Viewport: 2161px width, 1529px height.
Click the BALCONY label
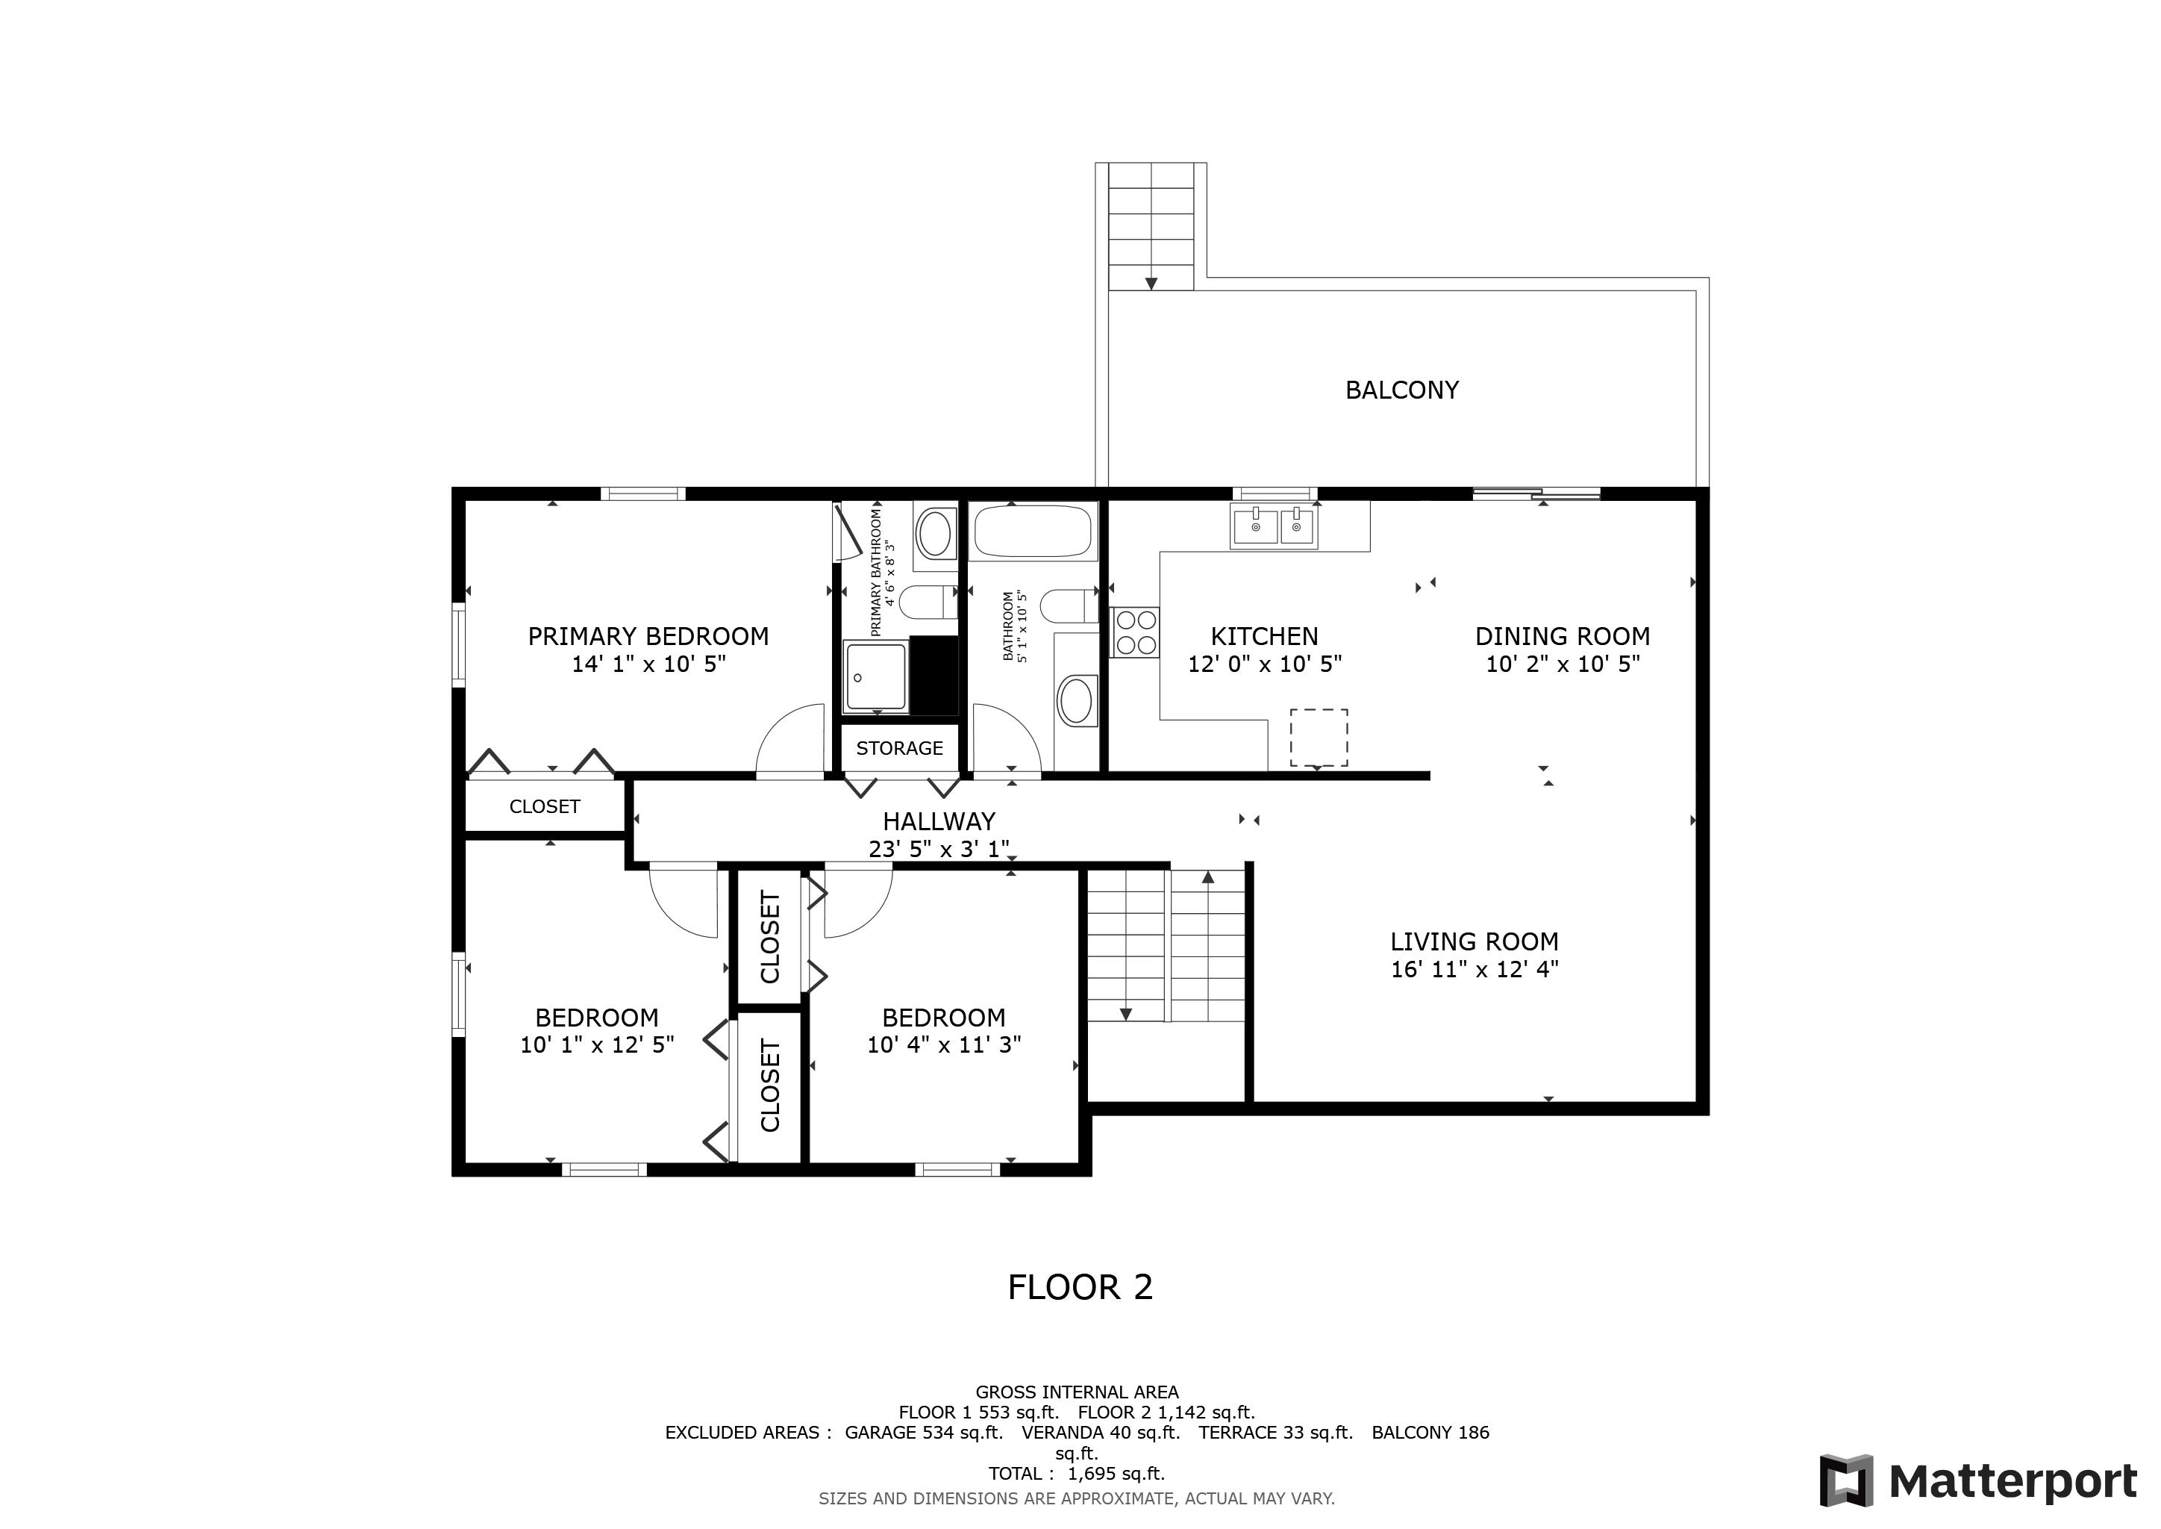click(1401, 390)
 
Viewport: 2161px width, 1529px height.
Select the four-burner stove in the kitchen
click(1135, 632)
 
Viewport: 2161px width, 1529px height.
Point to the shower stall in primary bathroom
click(875, 676)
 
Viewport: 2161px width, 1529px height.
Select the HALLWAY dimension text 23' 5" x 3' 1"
click(939, 849)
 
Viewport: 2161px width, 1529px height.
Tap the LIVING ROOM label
click(1474, 941)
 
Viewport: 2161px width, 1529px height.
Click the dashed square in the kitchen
click(1318, 737)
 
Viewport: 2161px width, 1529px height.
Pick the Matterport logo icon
click(1845, 1480)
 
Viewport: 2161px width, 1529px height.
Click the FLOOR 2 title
click(1080, 1287)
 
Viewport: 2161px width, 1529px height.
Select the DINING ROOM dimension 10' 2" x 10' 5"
click(1563, 664)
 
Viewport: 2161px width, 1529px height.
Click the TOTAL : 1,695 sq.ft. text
click(1076, 1474)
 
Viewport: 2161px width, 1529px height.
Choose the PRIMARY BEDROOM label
click(648, 636)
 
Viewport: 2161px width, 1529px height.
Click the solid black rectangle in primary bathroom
click(933, 675)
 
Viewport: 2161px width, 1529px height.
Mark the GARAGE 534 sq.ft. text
click(923, 1432)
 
